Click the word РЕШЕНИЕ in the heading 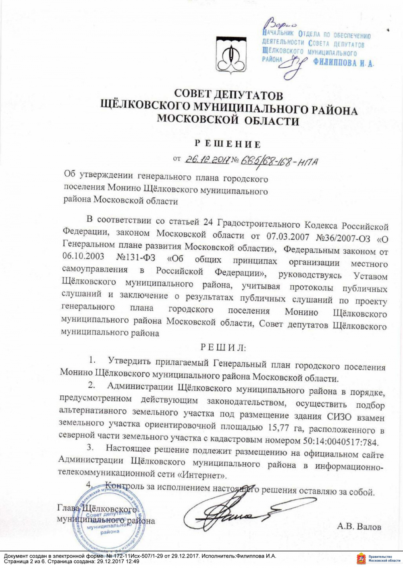[x=228, y=144]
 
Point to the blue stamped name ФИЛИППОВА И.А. [x=343, y=63]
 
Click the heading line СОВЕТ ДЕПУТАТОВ [x=228, y=95]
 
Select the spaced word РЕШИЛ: [x=223, y=347]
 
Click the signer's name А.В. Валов [x=359, y=527]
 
